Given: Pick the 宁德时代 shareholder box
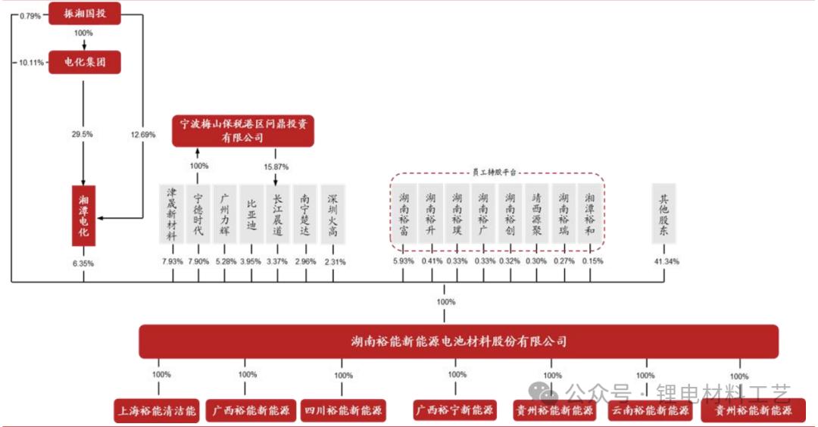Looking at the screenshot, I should (x=198, y=213).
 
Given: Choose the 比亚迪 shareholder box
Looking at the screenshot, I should (x=252, y=213).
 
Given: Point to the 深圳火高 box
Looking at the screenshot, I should (x=333, y=213).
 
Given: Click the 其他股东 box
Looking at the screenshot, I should (x=664, y=213).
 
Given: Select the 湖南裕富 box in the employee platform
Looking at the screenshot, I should (x=404, y=213).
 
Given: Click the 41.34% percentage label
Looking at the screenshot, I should (x=667, y=262).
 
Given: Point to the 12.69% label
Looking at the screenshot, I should (x=142, y=135).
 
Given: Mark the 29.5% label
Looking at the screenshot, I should (x=82, y=134).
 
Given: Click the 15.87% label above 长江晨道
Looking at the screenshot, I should (x=276, y=166).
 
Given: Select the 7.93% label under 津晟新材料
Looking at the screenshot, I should (x=173, y=262).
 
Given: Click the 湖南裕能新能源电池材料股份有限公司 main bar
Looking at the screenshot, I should (x=459, y=341).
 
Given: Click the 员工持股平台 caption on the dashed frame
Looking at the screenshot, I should (x=497, y=173).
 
